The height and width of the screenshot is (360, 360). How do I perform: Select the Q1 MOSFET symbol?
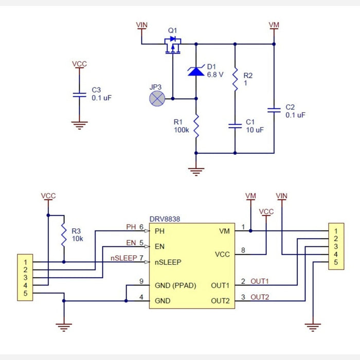click(x=173, y=45)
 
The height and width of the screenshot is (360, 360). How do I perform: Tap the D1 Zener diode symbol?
click(x=196, y=71)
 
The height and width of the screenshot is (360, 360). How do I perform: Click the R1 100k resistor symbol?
click(x=196, y=125)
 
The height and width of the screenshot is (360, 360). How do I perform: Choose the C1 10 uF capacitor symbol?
click(x=235, y=125)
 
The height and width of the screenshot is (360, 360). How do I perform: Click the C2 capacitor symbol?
click(x=274, y=110)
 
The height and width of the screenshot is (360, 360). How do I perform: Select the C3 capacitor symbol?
click(x=79, y=95)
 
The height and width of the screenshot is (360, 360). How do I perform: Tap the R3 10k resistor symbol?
click(x=64, y=235)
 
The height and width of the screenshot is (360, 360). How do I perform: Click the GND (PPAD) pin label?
click(x=175, y=285)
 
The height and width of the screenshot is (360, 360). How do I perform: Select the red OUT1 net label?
click(x=260, y=282)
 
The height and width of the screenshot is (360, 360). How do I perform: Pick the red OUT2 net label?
click(x=260, y=297)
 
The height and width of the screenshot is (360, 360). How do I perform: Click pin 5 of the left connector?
click(x=24, y=293)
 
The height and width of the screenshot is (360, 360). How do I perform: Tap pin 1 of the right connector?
click(x=336, y=231)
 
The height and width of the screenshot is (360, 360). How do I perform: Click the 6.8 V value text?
click(x=215, y=75)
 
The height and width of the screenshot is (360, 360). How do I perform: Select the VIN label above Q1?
click(x=141, y=25)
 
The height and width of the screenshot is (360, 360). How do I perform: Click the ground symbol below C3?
click(x=79, y=124)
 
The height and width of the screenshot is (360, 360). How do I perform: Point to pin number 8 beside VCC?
click(x=243, y=250)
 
